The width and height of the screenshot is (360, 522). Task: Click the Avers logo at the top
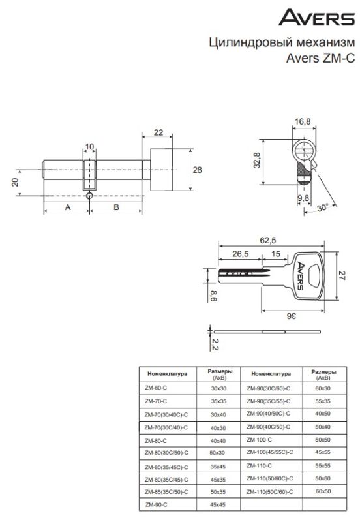pos(316,18)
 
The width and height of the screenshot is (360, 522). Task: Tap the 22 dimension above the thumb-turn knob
pos(158,132)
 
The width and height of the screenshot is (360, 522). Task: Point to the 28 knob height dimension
pos(198,170)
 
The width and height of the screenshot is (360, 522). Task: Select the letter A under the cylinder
pos(68,207)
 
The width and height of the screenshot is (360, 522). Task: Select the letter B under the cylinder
pos(116,207)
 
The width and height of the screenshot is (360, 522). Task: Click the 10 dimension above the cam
pos(89,146)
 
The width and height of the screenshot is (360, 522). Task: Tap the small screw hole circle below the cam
pos(89,196)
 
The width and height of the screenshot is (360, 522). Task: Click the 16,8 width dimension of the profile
pos(303,121)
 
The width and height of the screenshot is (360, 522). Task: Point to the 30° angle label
pos(322,207)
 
